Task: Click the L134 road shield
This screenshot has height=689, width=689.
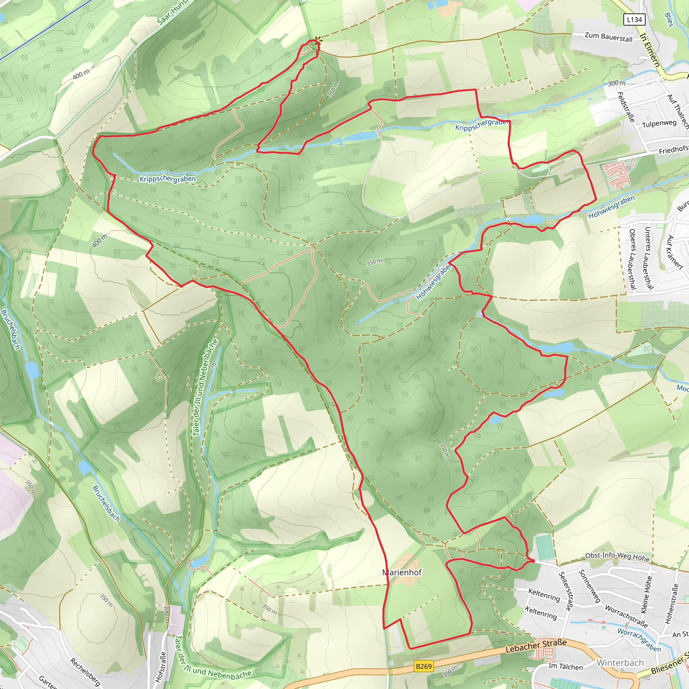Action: (634, 20)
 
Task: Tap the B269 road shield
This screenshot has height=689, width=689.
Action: (424, 666)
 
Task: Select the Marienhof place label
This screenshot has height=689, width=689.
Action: (402, 572)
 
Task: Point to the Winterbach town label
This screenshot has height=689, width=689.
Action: (620, 663)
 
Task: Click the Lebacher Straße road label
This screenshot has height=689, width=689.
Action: (536, 646)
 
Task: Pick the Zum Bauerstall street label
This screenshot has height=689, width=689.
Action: (608, 37)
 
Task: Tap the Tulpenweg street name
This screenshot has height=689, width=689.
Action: (659, 123)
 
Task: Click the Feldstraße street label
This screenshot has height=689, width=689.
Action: (626, 107)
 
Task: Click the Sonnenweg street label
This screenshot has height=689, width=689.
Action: (590, 586)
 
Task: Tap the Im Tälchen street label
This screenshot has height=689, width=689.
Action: (566, 666)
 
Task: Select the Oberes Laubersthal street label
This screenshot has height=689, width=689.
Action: (632, 259)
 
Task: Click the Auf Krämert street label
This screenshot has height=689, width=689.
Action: (675, 252)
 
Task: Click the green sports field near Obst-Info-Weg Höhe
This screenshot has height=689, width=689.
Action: (545, 547)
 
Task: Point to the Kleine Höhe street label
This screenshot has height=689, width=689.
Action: (646, 594)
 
